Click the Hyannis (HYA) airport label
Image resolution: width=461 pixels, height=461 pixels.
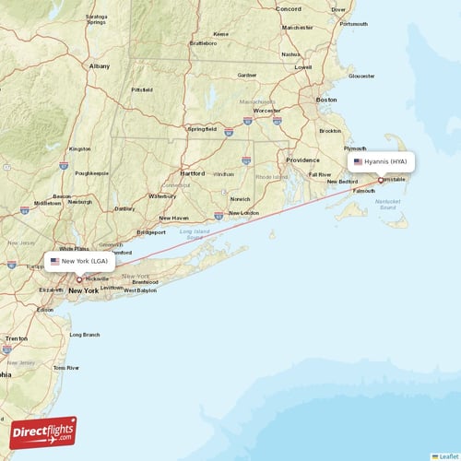point(384,161)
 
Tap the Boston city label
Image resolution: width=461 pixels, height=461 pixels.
point(326,99)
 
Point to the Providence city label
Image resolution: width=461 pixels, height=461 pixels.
point(302,160)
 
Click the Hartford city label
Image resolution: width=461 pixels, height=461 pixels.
point(193,173)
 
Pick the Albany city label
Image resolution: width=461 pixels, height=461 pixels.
point(99,66)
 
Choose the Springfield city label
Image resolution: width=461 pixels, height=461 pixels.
point(202,129)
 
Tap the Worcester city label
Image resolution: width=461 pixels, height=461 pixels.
point(266,111)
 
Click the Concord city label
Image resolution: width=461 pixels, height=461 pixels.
point(289,8)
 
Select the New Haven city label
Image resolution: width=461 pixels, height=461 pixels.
point(174,218)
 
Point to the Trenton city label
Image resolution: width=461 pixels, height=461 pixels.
point(16,338)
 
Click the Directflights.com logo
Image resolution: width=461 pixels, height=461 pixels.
point(43,432)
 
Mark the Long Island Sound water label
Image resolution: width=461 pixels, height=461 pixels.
point(195,234)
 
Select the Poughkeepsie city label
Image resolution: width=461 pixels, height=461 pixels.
point(90,172)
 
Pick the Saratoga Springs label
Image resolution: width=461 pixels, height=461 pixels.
point(96,18)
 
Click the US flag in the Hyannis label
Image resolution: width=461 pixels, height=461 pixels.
point(359,161)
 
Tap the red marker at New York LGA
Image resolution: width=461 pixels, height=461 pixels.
point(79,278)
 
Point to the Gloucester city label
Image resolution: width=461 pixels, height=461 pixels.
point(361,76)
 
